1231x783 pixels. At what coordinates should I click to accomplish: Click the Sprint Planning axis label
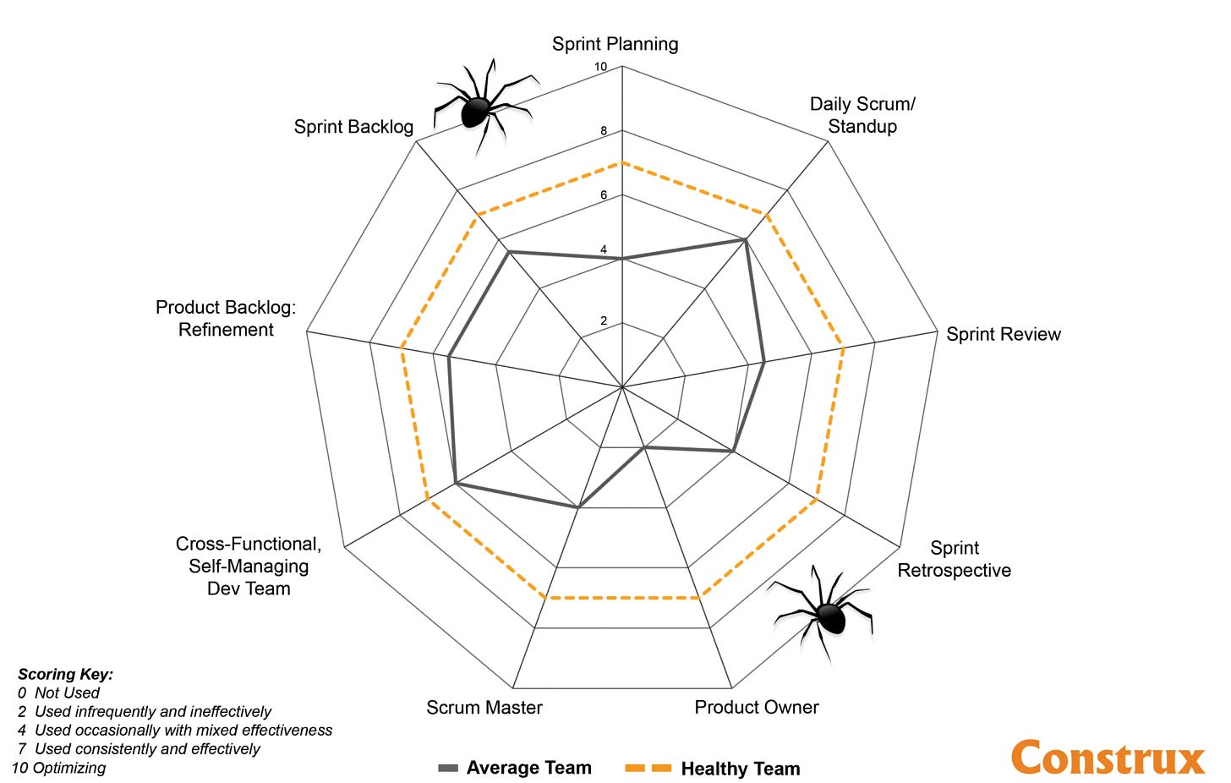click(615, 44)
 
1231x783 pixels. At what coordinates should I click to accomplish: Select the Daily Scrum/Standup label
click(862, 115)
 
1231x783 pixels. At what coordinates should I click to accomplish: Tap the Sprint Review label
click(1003, 334)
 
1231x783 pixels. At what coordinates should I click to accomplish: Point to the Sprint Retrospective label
click(954, 559)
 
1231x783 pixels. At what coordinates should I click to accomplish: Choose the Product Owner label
click(756, 707)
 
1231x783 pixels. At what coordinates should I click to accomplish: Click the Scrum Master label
click(484, 707)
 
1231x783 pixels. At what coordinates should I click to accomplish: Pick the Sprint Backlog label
click(353, 127)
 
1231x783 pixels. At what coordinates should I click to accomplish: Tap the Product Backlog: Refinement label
click(226, 319)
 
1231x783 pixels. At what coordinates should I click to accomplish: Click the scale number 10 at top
click(600, 67)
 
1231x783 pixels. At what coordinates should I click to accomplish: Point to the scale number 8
click(604, 131)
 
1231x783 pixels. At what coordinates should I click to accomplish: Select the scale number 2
click(604, 320)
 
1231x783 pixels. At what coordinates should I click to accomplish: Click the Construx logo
click(1108, 757)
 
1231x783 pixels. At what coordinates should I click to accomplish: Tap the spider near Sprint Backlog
click(479, 108)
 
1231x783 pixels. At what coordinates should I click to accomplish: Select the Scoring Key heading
click(65, 674)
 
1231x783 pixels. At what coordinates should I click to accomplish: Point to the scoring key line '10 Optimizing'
click(58, 768)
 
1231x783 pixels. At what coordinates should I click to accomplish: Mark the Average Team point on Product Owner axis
click(644, 447)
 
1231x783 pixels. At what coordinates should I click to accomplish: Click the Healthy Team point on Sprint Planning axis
click(622, 162)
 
